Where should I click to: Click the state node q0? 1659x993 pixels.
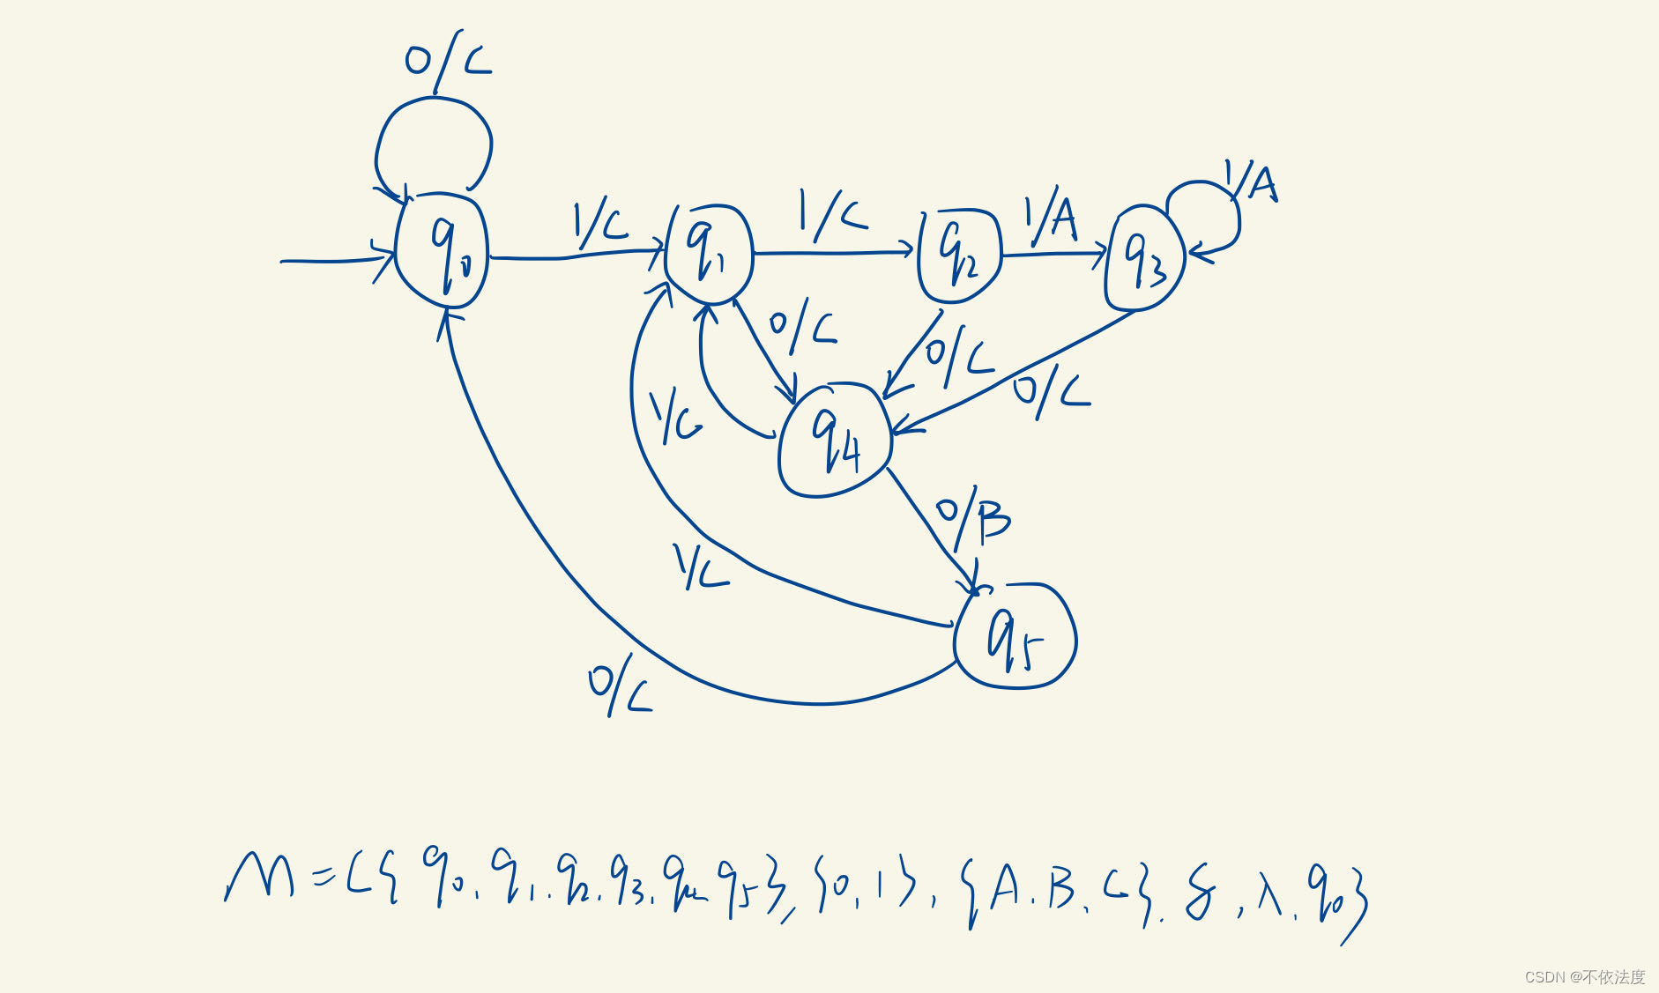[x=442, y=250]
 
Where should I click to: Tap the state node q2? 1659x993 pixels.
[x=959, y=255]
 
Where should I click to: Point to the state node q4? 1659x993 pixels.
[x=835, y=441]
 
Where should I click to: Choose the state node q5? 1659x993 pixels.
[x=1015, y=635]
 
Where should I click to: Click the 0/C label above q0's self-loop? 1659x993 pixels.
[x=447, y=62]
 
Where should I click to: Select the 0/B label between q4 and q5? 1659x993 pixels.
[x=973, y=517]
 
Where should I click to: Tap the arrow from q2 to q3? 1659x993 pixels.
[x=1053, y=256]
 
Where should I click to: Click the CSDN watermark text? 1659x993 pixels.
[x=1584, y=976]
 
